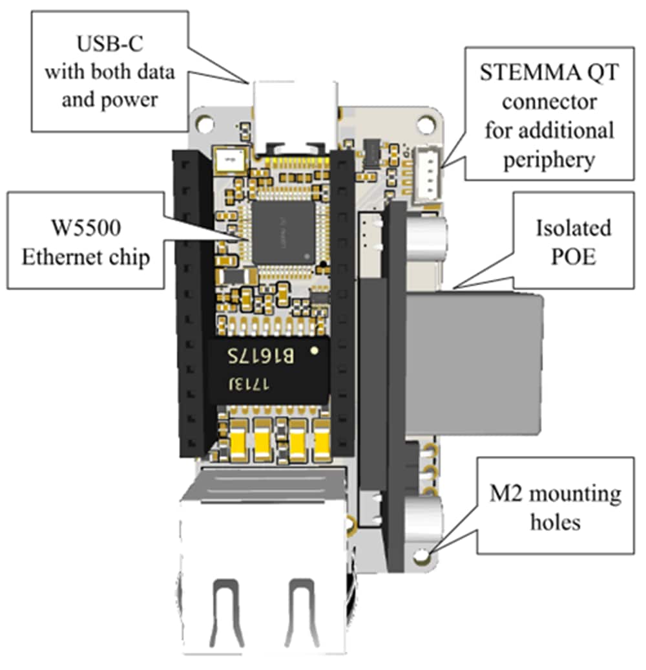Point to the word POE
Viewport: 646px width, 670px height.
[572, 257]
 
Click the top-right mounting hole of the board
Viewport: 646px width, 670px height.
[426, 122]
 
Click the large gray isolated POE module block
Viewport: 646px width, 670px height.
[472, 362]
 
